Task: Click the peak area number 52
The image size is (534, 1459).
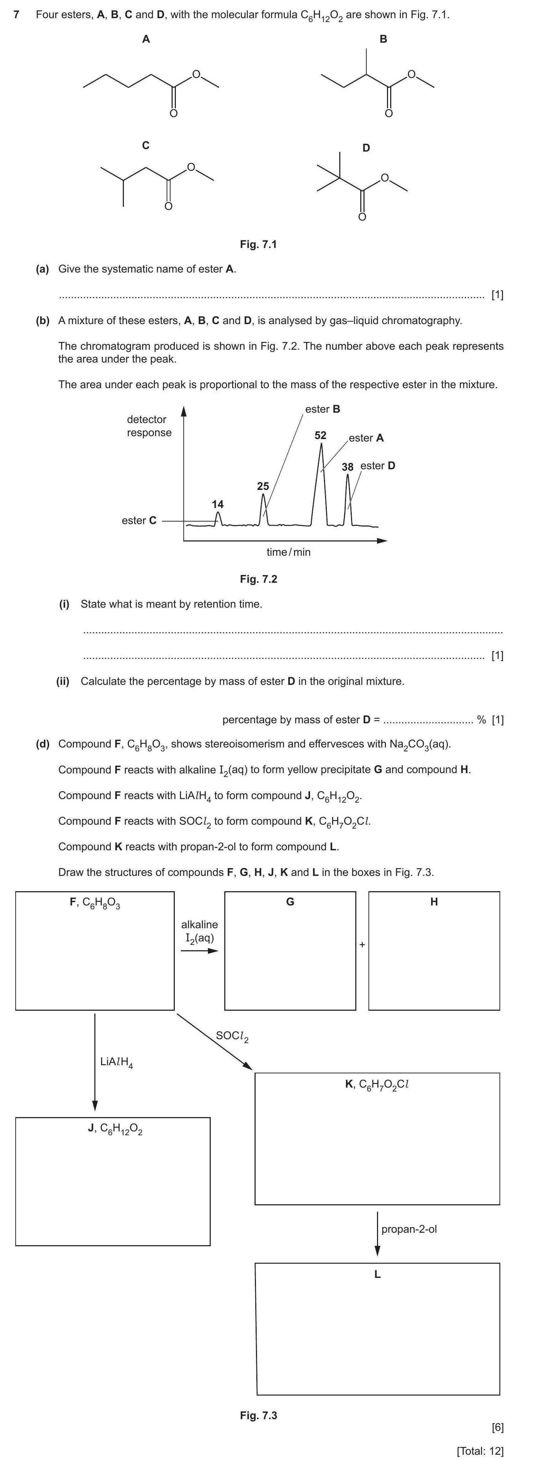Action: tap(320, 435)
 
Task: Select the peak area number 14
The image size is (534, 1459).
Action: tap(218, 504)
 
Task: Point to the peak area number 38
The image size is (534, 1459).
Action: tap(347, 467)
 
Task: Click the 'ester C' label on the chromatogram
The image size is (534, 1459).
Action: tap(139, 520)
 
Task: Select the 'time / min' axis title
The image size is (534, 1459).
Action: tap(289, 552)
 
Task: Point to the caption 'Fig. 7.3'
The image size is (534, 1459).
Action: tap(258, 1415)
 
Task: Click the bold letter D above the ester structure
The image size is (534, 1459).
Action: tap(366, 148)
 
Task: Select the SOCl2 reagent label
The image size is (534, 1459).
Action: tap(232, 1036)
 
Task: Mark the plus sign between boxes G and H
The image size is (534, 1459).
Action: tap(362, 944)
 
